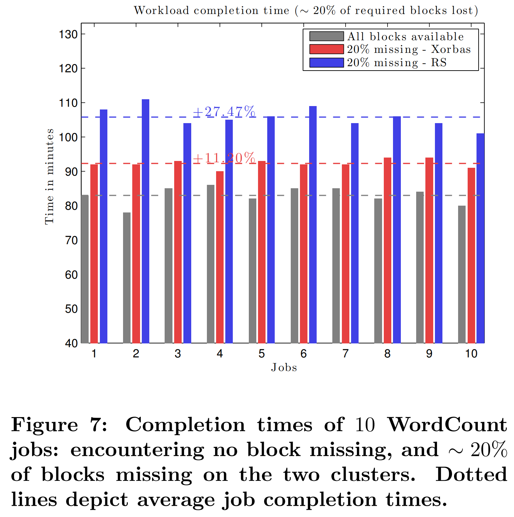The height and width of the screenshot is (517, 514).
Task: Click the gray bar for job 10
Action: coord(462,274)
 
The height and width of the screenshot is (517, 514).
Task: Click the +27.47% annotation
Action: coord(224,112)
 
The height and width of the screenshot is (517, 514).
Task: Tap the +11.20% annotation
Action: coord(224,158)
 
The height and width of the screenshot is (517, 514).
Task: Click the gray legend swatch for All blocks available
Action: coord(326,36)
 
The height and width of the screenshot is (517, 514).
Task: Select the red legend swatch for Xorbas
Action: coord(326,49)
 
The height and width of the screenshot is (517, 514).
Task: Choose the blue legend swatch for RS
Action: coord(326,63)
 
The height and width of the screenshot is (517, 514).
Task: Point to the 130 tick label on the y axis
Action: coord(69,34)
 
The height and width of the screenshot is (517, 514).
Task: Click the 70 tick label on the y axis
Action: coord(71,240)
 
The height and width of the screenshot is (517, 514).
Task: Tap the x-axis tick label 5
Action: coord(261,354)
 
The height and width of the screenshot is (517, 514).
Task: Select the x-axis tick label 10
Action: coord(471,354)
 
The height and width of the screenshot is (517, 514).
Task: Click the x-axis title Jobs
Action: coord(284,368)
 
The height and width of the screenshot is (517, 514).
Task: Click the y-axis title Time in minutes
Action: coord(50,176)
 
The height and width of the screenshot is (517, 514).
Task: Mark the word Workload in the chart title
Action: coord(161,11)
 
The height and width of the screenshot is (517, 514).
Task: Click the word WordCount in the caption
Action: coord(447,425)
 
